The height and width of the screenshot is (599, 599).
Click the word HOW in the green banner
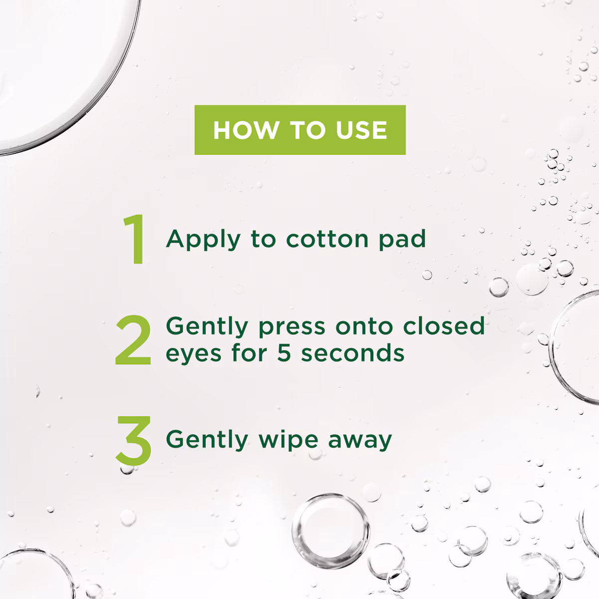click(246, 130)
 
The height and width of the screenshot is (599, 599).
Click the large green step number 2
click(133, 339)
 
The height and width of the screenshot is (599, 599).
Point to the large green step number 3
click(134, 440)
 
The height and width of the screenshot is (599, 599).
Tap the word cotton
click(327, 239)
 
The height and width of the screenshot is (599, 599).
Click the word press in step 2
click(292, 327)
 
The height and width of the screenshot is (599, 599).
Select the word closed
click(444, 326)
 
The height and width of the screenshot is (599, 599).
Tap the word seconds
click(353, 353)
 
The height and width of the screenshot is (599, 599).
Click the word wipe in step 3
click(289, 440)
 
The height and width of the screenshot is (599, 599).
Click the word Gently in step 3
click(207, 440)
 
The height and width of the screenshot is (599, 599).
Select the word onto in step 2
click(364, 326)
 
